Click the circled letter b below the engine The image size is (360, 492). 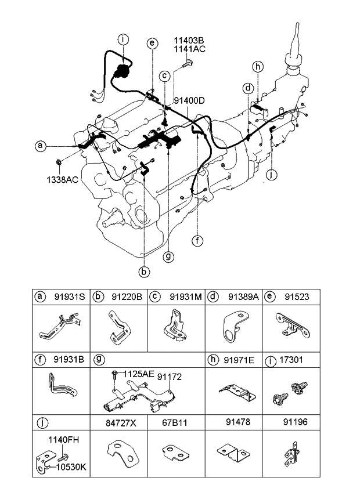click(x=142, y=270)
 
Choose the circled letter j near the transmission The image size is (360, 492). click(x=271, y=174)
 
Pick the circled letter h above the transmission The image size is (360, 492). click(x=258, y=66)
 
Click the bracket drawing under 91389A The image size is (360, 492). click(x=235, y=329)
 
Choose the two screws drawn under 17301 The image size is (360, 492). click(x=292, y=393)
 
